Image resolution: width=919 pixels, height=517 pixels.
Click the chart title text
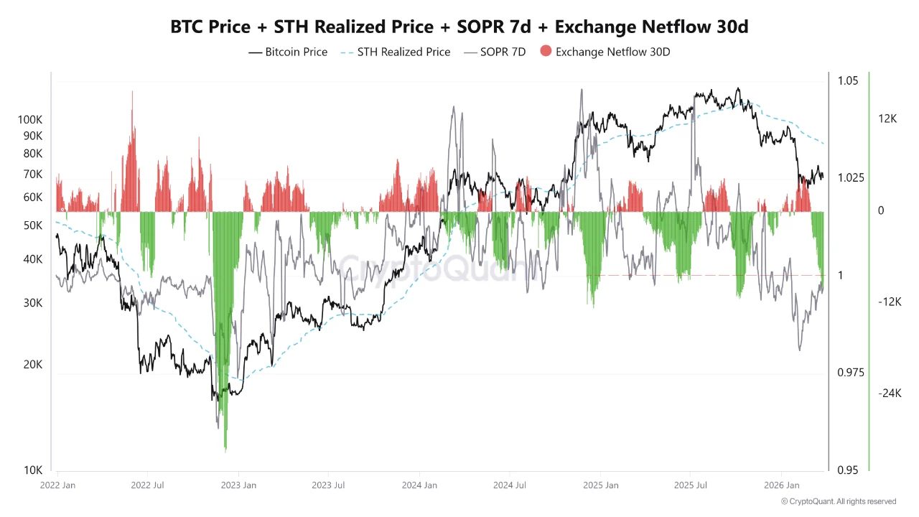click(x=459, y=27)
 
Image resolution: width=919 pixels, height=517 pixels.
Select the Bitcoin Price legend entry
click(x=288, y=52)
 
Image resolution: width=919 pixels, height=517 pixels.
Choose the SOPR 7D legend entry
click(x=495, y=52)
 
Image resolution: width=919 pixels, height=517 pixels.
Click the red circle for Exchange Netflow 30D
click(x=546, y=52)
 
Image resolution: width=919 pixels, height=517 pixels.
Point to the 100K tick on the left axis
click(x=30, y=120)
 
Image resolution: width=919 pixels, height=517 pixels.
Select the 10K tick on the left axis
click(x=33, y=470)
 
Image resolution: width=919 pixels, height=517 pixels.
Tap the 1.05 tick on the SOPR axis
click(x=848, y=81)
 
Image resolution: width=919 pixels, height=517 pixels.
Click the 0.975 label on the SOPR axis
click(x=851, y=373)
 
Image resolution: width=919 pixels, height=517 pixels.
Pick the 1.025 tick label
click(x=851, y=178)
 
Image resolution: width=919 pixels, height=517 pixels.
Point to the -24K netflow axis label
click(x=889, y=393)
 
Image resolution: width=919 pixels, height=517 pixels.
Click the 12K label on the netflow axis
click(x=887, y=119)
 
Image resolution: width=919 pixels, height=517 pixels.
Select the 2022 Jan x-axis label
click(x=58, y=485)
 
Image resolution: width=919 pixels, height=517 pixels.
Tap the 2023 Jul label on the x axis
click(x=329, y=485)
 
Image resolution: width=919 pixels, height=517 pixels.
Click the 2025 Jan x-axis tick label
click(x=601, y=485)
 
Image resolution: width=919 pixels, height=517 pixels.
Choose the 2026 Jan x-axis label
click(x=782, y=485)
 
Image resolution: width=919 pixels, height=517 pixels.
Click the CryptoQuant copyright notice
click(x=839, y=501)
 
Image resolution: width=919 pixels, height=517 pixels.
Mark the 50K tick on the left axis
click(x=33, y=225)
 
